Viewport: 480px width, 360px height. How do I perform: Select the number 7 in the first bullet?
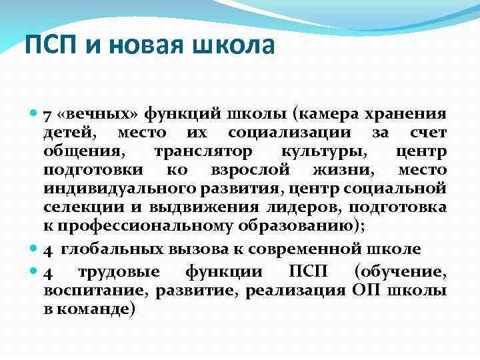tap(47, 115)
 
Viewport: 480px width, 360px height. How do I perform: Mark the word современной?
tap(313, 250)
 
